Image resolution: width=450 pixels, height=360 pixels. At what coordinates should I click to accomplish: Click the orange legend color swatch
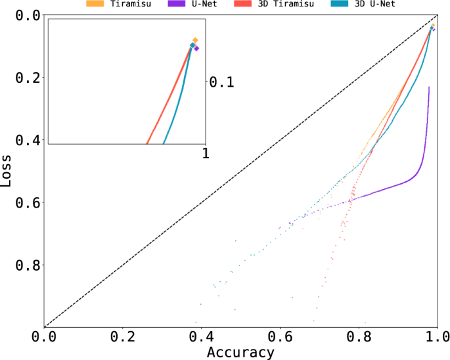tap(95, 4)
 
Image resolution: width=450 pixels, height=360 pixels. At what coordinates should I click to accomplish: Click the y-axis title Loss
tap(7, 171)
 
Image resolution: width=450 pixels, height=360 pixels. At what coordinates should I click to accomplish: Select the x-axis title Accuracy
tap(240, 352)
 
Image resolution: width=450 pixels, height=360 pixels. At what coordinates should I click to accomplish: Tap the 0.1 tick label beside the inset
tap(222, 81)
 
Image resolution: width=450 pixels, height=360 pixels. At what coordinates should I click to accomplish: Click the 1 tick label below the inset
tap(206, 152)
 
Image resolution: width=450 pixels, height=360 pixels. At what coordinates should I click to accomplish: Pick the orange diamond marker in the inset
tap(195, 40)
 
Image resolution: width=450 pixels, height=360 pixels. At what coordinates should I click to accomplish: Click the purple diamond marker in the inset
tap(196, 48)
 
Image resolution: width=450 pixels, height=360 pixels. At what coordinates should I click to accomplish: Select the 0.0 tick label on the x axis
tap(44, 336)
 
